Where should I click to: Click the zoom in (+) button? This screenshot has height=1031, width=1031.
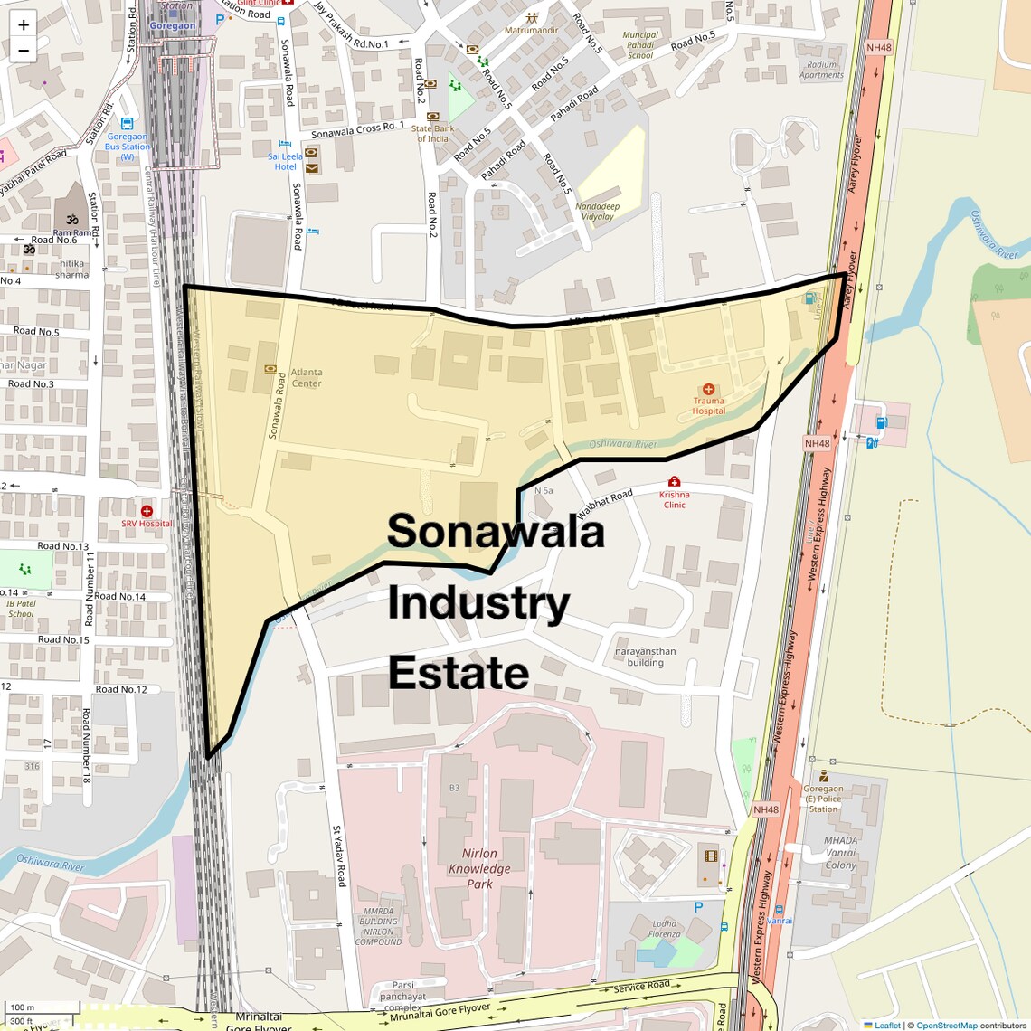[24, 25]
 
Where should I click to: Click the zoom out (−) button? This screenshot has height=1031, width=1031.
[24, 51]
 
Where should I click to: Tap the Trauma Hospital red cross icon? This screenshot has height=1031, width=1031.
[708, 389]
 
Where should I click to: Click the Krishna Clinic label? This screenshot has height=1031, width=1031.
[674, 499]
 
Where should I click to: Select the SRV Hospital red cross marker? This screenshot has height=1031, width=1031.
[147, 511]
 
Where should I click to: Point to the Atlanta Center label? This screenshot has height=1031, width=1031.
[306, 377]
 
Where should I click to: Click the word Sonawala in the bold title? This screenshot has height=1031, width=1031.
[495, 531]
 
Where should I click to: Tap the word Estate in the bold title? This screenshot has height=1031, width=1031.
[459, 674]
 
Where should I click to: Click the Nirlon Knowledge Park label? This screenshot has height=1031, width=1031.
[479, 868]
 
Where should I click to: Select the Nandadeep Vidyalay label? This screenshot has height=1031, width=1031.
[597, 211]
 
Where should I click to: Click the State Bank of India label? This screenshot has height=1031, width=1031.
[432, 134]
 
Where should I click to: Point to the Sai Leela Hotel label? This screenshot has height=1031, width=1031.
[286, 161]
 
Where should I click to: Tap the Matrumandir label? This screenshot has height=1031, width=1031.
[531, 30]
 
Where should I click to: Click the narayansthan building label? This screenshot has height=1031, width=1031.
[645, 657]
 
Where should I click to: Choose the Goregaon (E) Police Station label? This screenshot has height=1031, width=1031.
[823, 799]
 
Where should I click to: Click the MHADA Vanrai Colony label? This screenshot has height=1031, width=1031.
[840, 853]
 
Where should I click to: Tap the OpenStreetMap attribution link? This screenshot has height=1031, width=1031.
[947, 1025]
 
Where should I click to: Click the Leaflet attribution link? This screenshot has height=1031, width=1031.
[887, 1025]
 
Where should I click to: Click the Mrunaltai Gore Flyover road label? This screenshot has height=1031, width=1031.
[440, 1013]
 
